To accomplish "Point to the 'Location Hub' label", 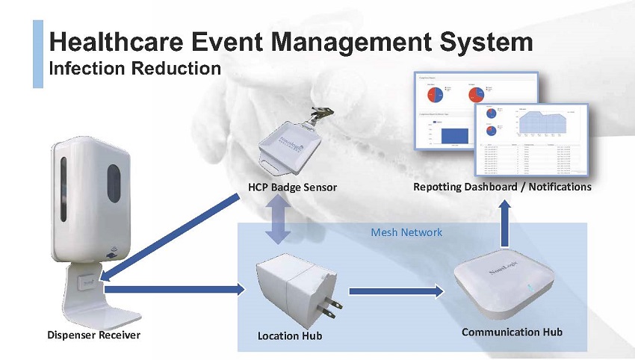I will coord(290,336).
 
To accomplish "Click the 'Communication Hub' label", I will coord(512,332).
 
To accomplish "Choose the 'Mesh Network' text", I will coord(406,232).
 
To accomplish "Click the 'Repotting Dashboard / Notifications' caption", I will coord(502,186).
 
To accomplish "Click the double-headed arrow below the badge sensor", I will coord(278,222).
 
